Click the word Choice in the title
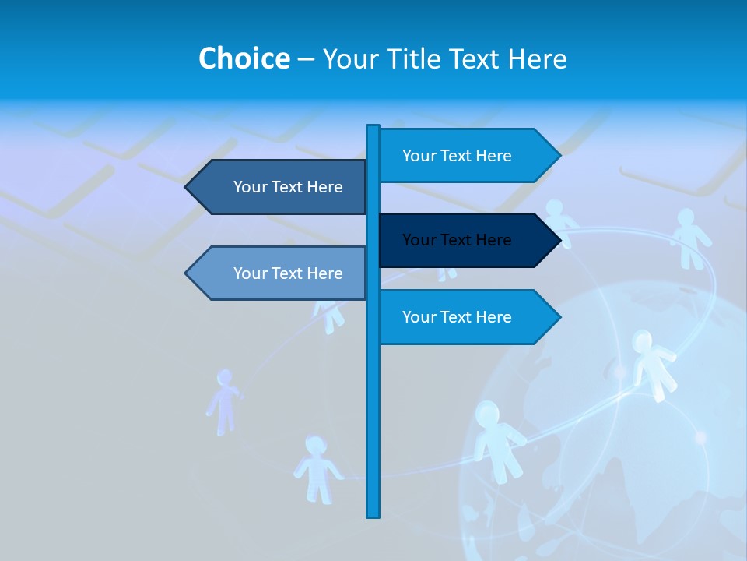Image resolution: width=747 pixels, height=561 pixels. pos(244,58)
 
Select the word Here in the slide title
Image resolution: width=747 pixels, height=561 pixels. pos(537,58)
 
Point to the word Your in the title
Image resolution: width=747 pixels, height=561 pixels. pos(351,58)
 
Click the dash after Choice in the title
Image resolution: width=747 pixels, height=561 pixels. pos(306,59)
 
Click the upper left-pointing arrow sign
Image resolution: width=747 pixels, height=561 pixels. pos(280,187)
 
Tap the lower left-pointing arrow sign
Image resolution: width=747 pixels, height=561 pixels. pos(280,273)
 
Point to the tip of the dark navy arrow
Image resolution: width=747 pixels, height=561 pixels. pos(559,240)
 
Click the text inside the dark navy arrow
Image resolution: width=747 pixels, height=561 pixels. pos(457,240)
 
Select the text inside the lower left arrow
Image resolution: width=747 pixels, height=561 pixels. pos(288,273)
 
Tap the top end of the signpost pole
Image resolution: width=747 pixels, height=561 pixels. pos(373,127)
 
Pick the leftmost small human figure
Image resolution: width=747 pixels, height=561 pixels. pos(224,401)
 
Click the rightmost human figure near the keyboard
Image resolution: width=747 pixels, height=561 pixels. pos(689,238)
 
